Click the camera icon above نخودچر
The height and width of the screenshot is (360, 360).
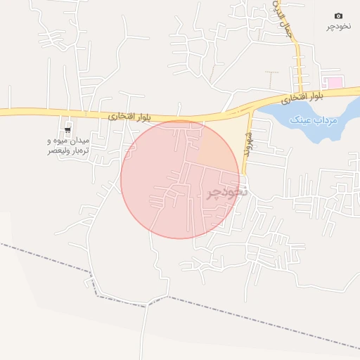point(338,15)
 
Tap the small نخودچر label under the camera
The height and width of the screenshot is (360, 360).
point(338,27)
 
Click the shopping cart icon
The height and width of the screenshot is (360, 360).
point(68,129)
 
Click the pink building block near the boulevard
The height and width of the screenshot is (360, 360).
point(335,83)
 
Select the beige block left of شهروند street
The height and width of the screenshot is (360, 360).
point(225,141)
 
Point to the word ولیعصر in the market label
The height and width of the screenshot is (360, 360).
point(58,151)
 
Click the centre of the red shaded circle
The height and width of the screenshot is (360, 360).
point(180,179)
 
